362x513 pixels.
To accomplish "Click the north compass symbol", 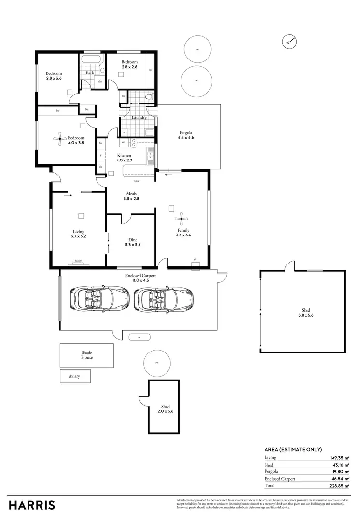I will click(288, 42).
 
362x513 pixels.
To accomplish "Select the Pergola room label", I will click(185, 134).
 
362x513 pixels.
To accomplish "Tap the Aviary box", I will click(74, 376).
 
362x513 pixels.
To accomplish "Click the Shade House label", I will click(87, 355).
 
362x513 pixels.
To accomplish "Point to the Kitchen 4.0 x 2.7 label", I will click(124, 158).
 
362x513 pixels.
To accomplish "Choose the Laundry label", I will click(139, 117).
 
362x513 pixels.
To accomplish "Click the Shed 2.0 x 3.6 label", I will click(165, 409).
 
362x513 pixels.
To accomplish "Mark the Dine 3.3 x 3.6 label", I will click(133, 242).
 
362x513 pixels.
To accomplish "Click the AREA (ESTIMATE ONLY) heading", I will click(293, 449).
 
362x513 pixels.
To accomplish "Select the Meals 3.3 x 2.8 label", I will click(131, 196).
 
